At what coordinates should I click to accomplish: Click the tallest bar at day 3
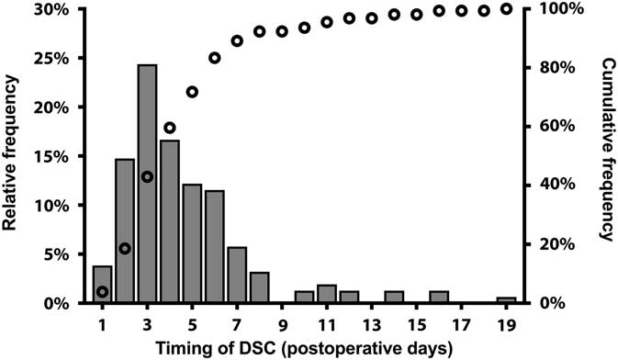147,184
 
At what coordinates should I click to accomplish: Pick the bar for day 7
237,274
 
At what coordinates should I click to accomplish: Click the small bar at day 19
506,299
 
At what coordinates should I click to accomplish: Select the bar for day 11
326,293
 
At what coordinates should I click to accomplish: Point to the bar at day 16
439,296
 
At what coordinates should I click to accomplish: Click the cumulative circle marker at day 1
102,292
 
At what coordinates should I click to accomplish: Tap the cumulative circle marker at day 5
192,92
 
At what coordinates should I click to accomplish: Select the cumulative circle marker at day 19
506,9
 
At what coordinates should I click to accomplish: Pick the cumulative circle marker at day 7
237,40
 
